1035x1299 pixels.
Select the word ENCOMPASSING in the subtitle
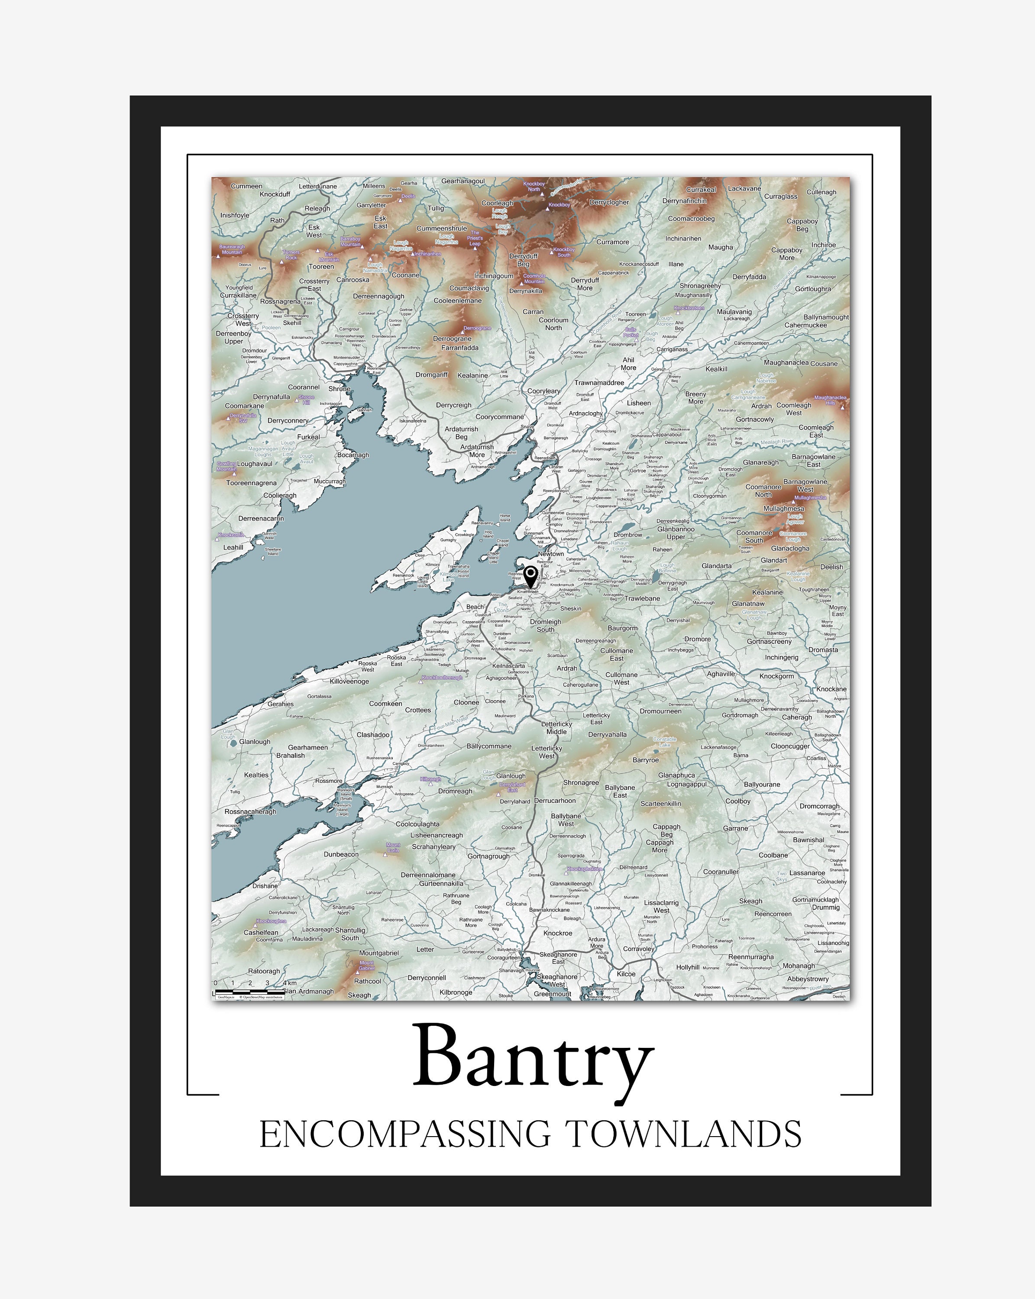(x=404, y=1134)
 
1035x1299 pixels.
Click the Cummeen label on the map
(x=246, y=186)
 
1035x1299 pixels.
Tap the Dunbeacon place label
(x=341, y=854)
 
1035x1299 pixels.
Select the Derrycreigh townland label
(x=454, y=405)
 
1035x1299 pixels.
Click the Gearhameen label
(x=308, y=747)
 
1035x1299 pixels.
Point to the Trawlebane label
(x=642, y=598)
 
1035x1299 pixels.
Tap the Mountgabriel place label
(x=379, y=953)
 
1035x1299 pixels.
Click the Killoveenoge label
(x=349, y=682)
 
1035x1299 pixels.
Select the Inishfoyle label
(x=234, y=215)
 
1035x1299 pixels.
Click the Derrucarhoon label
(x=555, y=801)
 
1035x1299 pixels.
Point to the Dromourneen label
(x=660, y=711)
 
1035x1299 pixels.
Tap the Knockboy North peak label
(x=534, y=186)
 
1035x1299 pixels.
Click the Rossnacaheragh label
(x=250, y=811)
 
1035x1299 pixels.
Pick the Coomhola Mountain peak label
(x=534, y=278)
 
